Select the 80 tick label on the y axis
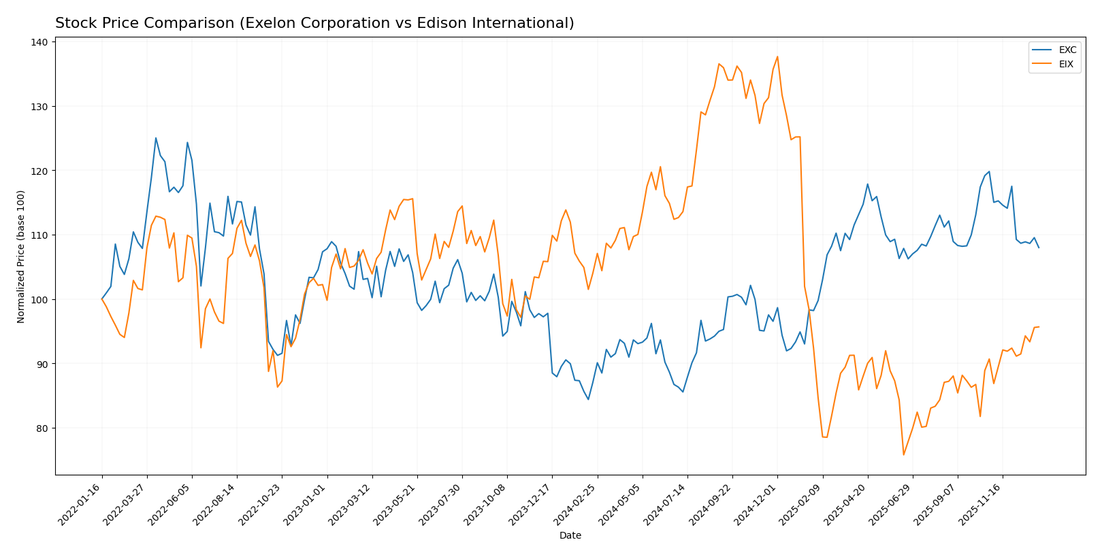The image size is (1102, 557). coord(42,428)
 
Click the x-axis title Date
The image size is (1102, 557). coord(570,536)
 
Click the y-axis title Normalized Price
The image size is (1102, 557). coord(21,256)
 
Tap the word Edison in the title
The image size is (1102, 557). coord(448,24)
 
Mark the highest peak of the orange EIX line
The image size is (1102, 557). coord(777,56)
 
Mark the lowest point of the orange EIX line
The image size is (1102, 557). coord(903,455)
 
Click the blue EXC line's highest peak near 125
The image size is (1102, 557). coord(156,138)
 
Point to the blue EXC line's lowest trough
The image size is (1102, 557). coord(588,399)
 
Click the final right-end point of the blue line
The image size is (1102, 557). coord(1039,248)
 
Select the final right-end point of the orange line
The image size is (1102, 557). coord(1039,327)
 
